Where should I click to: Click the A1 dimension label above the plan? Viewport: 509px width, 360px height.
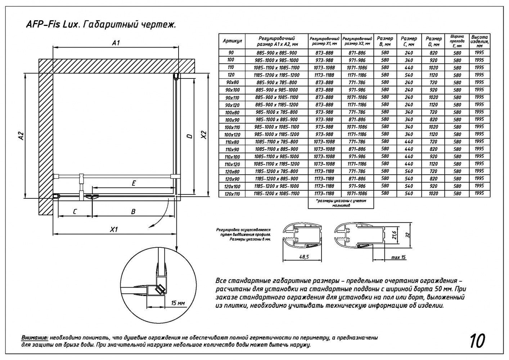[x=116, y=43]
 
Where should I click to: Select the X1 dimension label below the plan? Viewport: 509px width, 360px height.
[x=114, y=229]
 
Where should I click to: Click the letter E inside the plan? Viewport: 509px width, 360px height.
[x=134, y=183]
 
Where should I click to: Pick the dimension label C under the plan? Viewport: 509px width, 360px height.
[x=75, y=212]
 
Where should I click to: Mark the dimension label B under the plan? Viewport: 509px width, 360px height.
[x=133, y=212]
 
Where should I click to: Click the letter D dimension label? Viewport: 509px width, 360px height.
[x=189, y=136]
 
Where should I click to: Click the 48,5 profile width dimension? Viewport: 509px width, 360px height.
[x=303, y=257]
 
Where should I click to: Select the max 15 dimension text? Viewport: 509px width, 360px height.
[x=398, y=257]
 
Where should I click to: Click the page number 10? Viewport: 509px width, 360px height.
[x=477, y=341]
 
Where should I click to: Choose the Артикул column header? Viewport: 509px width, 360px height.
[x=232, y=41]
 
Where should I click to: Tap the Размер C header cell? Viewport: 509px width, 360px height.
[x=409, y=41]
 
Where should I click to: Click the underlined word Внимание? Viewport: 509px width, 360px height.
[x=35, y=338]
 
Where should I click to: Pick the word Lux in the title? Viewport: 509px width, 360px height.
[x=66, y=25]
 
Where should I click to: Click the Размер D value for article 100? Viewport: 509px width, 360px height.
[x=433, y=60]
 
